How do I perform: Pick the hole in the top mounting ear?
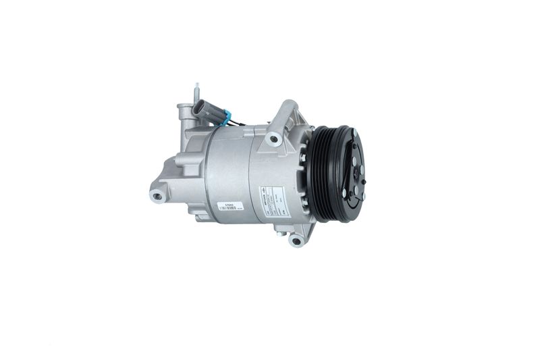point(273,139)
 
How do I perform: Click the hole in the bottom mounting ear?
point(296,240)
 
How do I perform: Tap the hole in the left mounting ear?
point(158,196)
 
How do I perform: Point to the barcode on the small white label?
point(228,209)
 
